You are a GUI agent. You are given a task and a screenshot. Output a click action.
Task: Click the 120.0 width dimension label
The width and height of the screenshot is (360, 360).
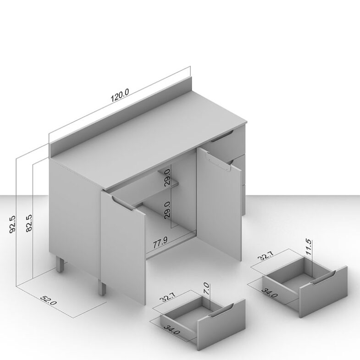click(120, 95)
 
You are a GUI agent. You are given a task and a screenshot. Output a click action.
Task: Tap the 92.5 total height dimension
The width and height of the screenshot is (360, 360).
click(12, 224)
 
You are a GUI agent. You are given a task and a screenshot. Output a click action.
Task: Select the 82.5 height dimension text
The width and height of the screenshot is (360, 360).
click(29, 223)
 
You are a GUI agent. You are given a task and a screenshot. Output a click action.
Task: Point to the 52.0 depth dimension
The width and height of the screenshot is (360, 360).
click(49, 300)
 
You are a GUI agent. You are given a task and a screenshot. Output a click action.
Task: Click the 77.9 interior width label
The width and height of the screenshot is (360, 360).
click(160, 242)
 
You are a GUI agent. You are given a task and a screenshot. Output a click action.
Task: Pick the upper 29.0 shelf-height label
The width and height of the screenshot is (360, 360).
click(167, 177)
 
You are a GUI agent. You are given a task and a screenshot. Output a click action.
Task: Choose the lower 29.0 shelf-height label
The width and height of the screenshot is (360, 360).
click(167, 210)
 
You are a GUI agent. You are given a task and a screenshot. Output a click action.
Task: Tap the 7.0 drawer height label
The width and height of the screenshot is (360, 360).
click(206, 289)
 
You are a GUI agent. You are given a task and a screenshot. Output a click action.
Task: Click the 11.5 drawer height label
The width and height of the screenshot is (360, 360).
click(308, 247)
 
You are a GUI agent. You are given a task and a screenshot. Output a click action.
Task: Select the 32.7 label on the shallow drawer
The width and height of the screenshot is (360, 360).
click(167, 298)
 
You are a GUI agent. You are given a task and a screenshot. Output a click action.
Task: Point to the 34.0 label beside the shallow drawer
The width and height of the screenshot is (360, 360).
click(172, 329)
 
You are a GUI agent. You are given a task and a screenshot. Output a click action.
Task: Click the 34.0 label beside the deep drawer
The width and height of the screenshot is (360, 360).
click(270, 292)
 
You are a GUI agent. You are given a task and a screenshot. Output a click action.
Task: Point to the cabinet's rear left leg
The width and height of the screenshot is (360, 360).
click(61, 265)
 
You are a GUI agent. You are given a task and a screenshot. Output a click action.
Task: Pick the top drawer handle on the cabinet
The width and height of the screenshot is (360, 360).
click(222, 136)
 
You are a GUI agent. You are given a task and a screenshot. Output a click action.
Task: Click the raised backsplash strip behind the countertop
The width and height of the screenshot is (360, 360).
click(120, 117)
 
